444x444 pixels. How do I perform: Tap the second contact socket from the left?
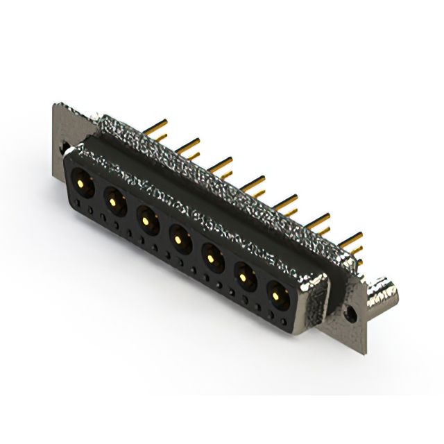[112, 201]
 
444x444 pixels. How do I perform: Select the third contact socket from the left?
[146, 221]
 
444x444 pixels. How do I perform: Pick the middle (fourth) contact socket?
[179, 240]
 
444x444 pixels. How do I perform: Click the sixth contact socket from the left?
[245, 279]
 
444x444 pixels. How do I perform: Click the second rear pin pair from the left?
[187, 147]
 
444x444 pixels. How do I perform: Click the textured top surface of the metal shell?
[208, 173]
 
